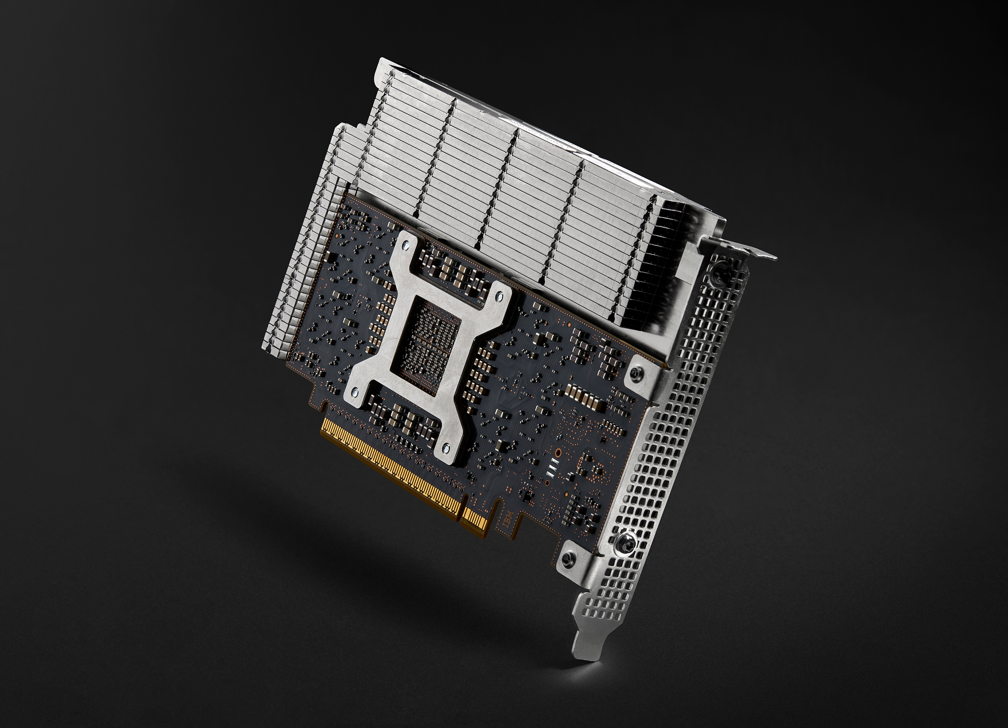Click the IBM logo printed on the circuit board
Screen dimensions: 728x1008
tap(507, 520)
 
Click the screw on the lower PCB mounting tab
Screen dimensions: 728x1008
tap(566, 559)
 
